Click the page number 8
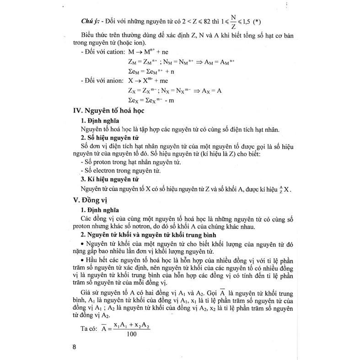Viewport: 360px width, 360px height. [74, 346]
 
